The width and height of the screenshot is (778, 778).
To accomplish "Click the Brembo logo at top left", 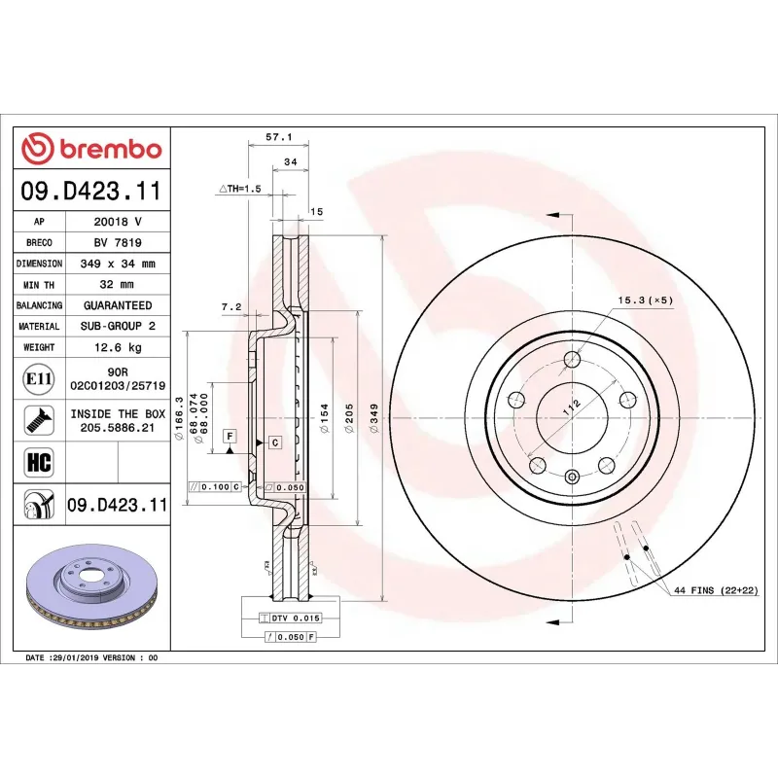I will point(91,149).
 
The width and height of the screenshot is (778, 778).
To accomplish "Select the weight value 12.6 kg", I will point(118,347).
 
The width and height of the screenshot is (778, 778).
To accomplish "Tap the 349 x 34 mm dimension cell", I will point(118,264).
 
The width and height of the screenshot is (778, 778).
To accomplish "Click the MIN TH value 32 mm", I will point(118,285).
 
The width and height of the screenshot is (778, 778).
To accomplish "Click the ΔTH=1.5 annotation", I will point(240,189).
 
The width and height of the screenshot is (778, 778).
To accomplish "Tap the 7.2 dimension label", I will point(230,306).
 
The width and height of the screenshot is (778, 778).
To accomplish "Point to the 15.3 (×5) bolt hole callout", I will point(645,301).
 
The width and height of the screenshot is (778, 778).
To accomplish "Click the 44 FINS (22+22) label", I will point(713,590).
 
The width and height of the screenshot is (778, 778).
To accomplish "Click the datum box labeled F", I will point(230,436).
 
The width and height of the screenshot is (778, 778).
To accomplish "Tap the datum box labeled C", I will point(274,442).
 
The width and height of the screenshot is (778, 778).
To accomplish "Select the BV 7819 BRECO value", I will point(118,243).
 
